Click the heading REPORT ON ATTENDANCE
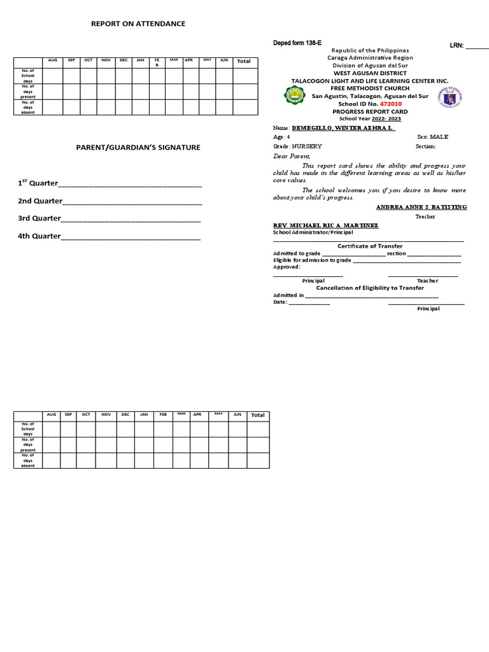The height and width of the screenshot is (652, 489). [138, 24]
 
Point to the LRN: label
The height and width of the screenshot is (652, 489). [457, 46]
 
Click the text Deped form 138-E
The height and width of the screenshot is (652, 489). [297, 42]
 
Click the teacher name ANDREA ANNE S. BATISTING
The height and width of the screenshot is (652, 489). [422, 207]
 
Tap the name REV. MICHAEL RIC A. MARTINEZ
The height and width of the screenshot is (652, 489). [325, 225]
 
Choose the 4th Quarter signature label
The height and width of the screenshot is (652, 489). [39, 236]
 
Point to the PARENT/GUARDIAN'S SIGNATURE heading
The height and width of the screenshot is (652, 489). [138, 147]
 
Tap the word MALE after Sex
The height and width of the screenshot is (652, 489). [440, 137]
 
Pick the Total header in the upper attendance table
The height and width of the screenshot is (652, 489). [243, 61]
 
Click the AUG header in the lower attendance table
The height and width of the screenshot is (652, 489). [52, 415]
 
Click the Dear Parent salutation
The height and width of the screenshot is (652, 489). [292, 156]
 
